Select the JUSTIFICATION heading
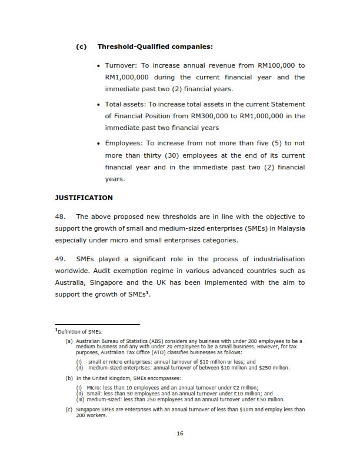(84, 198)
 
